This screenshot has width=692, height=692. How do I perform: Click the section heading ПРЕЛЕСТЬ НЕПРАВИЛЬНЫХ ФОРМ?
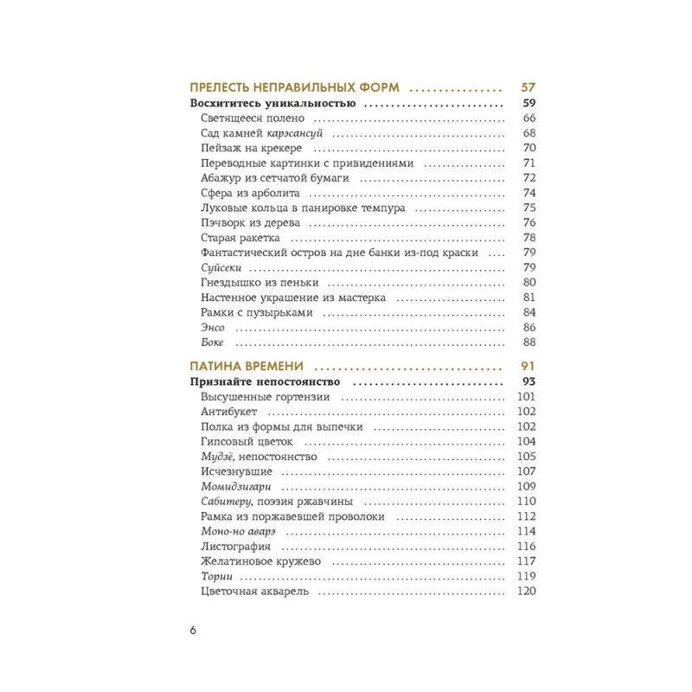click(294, 88)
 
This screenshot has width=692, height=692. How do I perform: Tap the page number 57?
click(529, 88)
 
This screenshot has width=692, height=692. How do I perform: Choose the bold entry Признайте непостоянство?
click(265, 381)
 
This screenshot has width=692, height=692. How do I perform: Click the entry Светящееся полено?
click(252, 119)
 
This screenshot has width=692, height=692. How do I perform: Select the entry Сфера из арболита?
click(249, 192)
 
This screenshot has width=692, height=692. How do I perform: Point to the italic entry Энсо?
click(213, 327)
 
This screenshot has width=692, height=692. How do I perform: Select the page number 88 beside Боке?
click(530, 343)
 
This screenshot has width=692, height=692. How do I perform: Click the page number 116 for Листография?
click(527, 547)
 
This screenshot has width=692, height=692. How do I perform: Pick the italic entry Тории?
click(215, 577)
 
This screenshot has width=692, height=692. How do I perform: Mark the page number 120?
click(527, 593)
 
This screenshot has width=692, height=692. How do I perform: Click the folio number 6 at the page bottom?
click(193, 630)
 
